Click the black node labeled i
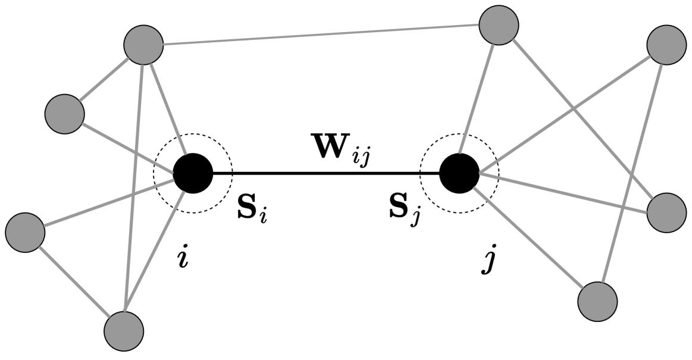(x=193, y=173)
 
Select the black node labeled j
(x=459, y=173)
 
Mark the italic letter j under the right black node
(x=488, y=261)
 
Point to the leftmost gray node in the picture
(x=25, y=231)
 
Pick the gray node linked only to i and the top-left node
(x=64, y=112)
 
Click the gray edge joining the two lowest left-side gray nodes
(x=74, y=280)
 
